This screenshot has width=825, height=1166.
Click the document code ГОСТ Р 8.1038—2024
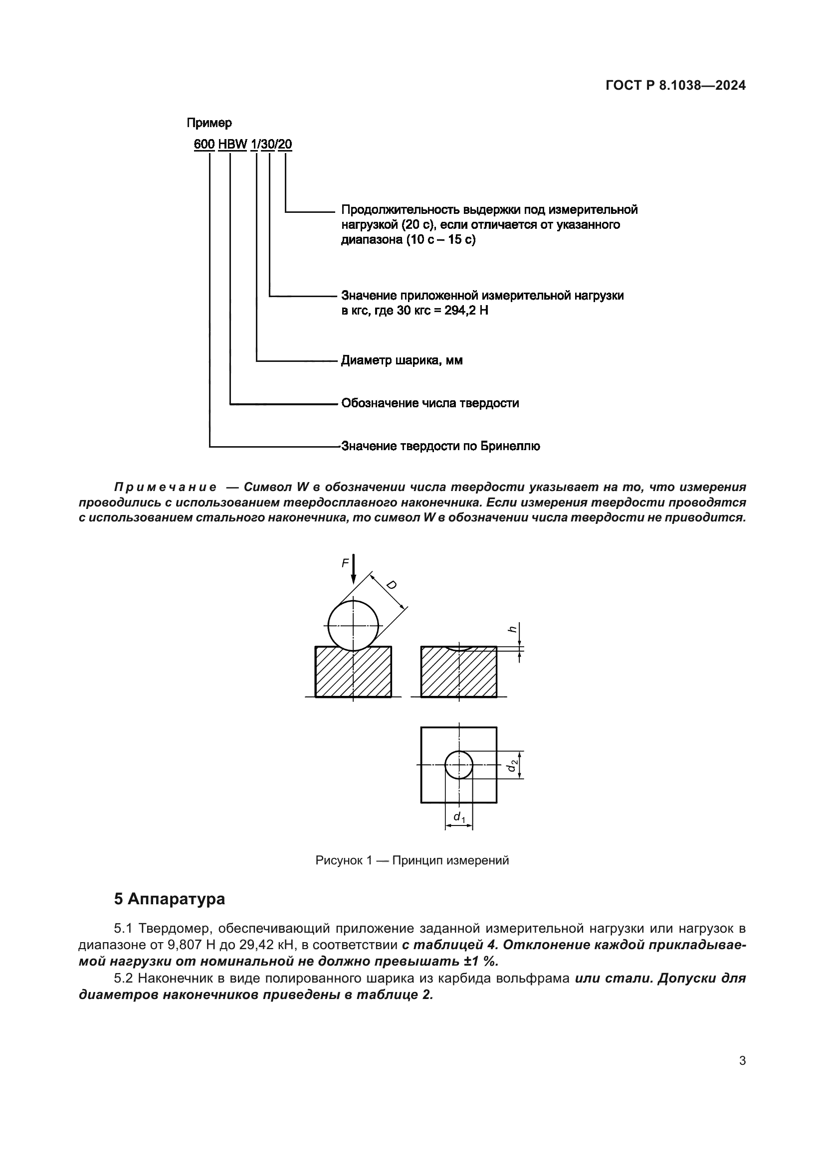pos(675,85)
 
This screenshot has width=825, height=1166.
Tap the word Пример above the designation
pos(209,123)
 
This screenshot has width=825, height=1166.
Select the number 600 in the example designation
pos(204,144)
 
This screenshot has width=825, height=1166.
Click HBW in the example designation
pos(232,144)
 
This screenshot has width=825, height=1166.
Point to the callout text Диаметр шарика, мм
pos(402,360)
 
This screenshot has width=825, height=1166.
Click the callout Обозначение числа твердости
pos(430,403)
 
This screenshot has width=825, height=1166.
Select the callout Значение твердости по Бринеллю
pos(440,446)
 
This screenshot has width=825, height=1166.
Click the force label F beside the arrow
pos(345,563)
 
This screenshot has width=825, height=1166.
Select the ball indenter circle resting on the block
pos(353,626)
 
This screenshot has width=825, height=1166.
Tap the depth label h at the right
pos(513,629)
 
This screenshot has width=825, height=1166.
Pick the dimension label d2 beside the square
pos(514,765)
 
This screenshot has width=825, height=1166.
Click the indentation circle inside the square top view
pos(459,765)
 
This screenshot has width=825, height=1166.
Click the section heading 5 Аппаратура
pos(169,899)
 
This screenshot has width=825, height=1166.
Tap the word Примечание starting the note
pos(165,487)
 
